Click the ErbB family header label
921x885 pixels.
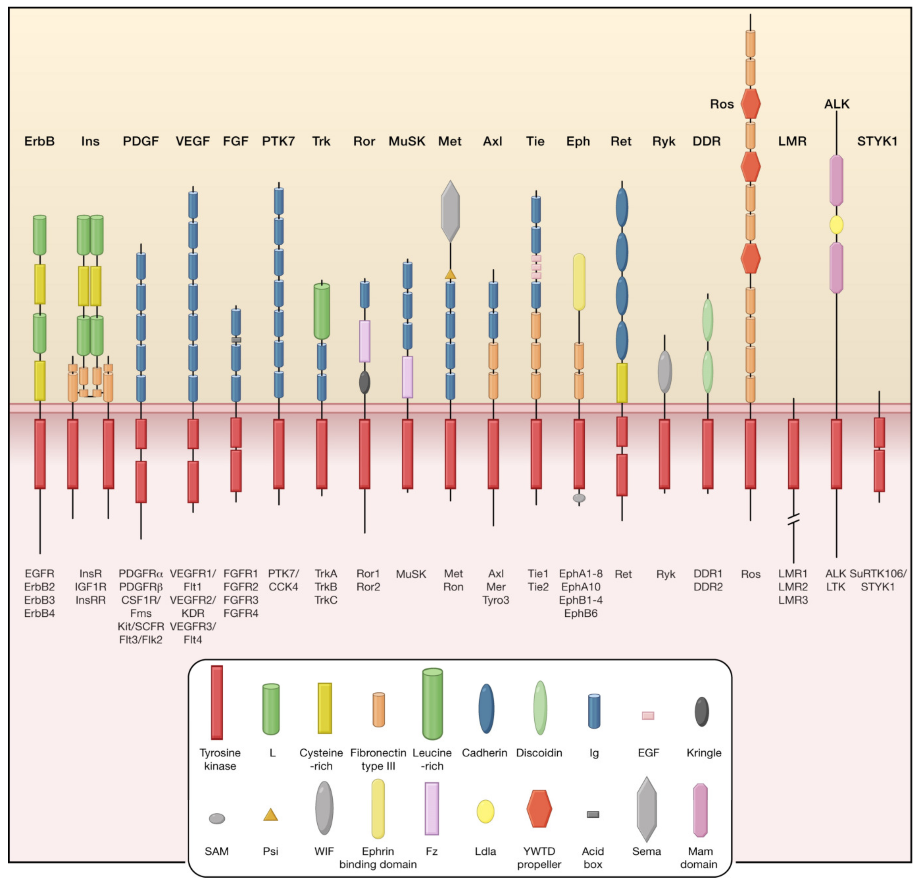click(40, 141)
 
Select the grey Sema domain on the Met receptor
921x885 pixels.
click(450, 211)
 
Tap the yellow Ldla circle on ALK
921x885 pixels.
click(836, 225)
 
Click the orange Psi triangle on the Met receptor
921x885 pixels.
click(450, 274)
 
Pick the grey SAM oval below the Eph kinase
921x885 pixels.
click(579, 497)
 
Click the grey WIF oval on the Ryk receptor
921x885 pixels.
click(664, 372)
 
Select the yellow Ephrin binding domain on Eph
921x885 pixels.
click(579, 282)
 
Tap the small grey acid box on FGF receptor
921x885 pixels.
click(236, 340)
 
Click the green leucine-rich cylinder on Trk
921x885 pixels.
click(322, 311)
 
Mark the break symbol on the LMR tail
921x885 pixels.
click(793, 520)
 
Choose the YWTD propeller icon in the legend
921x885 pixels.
click(539, 808)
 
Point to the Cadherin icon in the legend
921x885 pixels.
click(486, 709)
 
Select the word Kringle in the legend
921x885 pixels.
click(704, 753)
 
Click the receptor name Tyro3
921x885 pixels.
click(496, 600)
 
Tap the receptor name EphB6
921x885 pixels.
click(581, 613)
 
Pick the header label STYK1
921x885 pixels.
click(877, 141)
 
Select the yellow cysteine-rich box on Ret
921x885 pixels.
click(622, 383)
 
